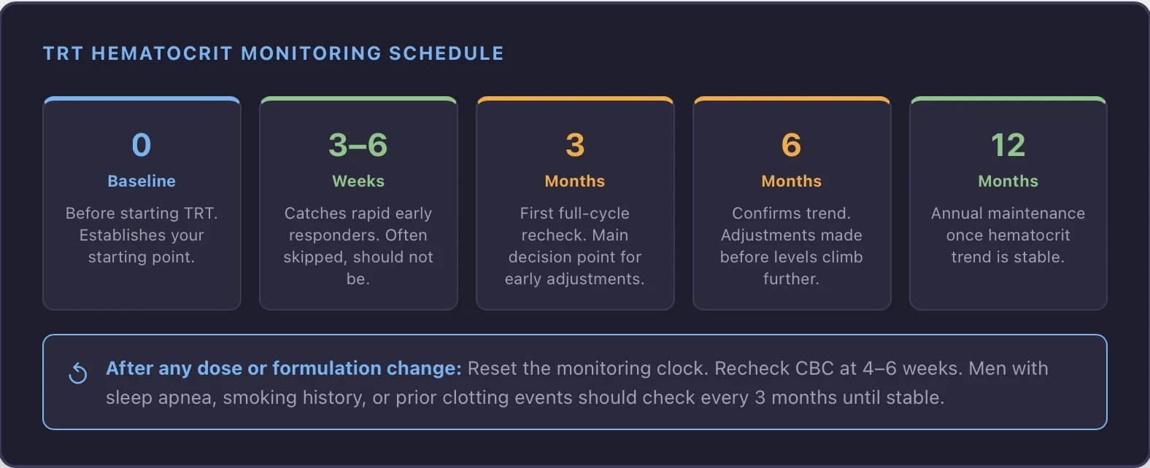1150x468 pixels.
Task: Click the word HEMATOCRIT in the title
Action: tap(161, 53)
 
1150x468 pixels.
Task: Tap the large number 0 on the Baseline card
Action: tap(142, 145)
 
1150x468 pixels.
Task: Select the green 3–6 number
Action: tap(358, 145)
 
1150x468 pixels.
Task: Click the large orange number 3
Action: tap(575, 145)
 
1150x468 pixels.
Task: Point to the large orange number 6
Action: tap(791, 145)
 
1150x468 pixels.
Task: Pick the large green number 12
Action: tap(1008, 145)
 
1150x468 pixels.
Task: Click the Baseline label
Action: tap(142, 181)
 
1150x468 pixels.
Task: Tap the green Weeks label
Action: tap(358, 181)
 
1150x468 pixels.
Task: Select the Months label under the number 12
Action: tap(1008, 181)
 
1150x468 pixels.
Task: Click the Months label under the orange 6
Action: tap(791, 181)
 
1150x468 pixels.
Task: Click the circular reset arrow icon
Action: tap(78, 373)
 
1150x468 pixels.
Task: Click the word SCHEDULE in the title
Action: tap(446, 53)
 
